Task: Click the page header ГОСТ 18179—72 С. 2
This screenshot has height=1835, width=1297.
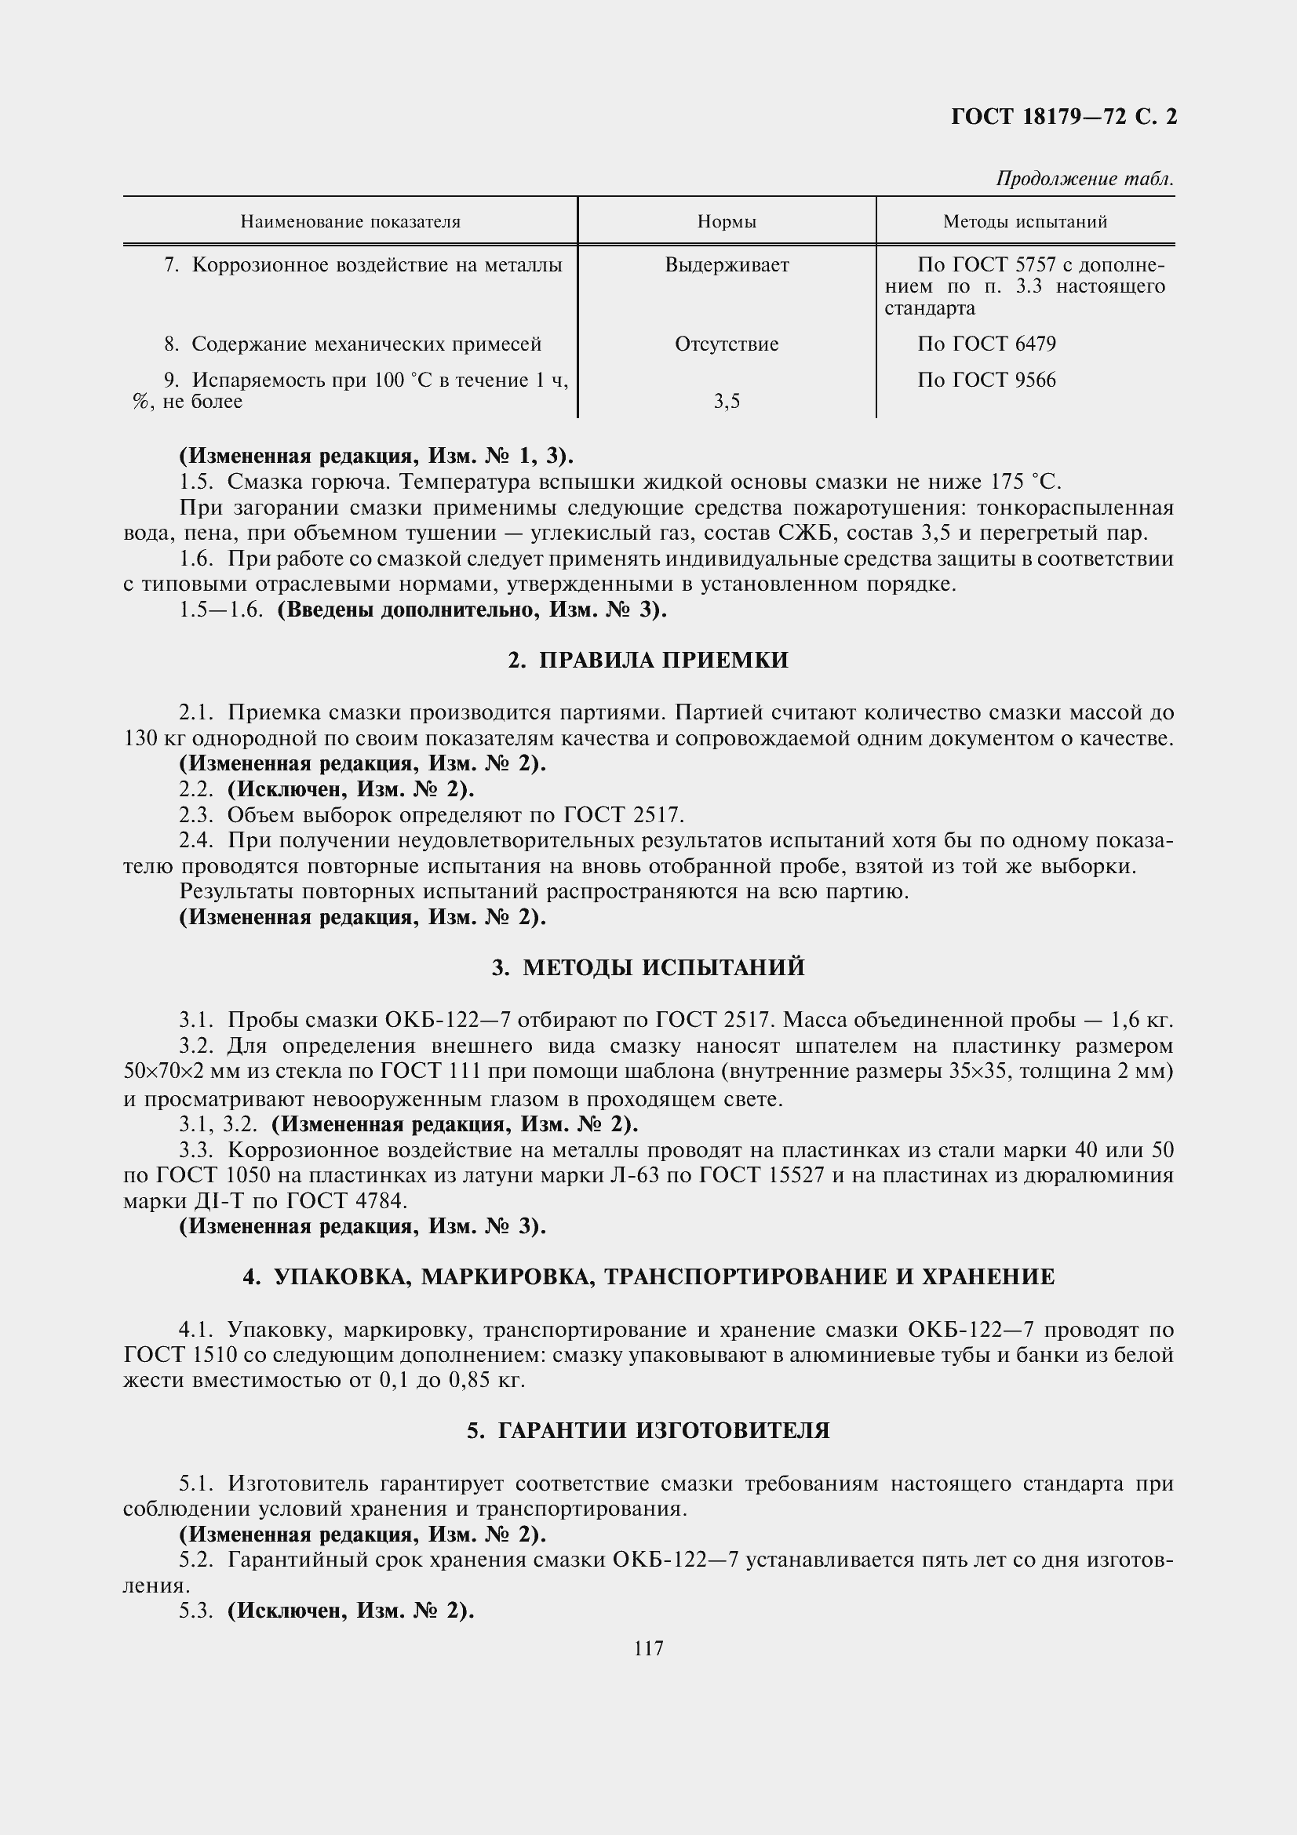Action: (1064, 118)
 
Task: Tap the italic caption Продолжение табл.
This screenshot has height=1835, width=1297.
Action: (1084, 179)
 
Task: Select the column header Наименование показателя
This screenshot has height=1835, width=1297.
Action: (350, 221)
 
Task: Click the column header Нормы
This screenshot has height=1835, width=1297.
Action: (727, 221)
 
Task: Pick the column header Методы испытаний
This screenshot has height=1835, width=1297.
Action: (1025, 221)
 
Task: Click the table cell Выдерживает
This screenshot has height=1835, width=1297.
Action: (727, 265)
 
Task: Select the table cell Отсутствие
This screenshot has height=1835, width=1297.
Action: (727, 344)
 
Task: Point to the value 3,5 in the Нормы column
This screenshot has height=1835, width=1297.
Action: (727, 402)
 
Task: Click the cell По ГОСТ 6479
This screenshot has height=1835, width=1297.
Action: (986, 344)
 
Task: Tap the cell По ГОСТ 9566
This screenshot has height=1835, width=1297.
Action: (986, 380)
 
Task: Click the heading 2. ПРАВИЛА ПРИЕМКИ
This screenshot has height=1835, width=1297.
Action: (648, 660)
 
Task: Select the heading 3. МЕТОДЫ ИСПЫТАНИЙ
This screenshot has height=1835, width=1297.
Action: (648, 968)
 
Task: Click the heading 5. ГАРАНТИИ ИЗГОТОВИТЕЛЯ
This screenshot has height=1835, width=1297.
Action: (648, 1431)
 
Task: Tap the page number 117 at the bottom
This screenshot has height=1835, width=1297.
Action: (648, 1649)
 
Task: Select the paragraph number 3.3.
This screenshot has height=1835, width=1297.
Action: (196, 1150)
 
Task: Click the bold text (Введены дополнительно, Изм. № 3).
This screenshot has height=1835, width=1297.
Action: (472, 610)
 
